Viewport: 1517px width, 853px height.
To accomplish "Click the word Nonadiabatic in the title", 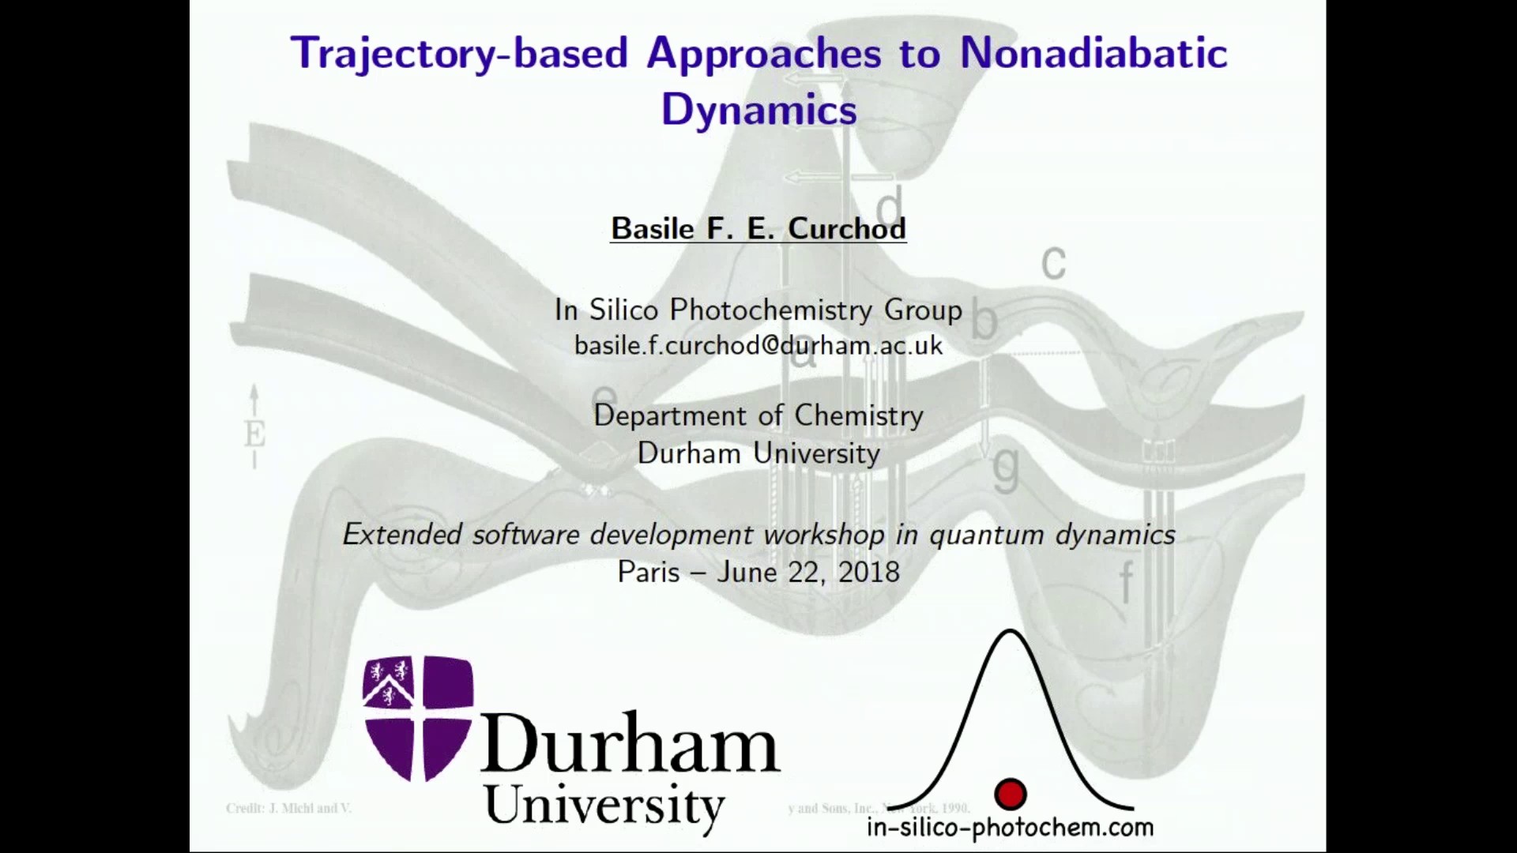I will point(1094,54).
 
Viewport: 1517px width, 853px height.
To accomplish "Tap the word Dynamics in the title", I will point(758,109).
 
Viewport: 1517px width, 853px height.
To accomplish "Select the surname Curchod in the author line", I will point(846,228).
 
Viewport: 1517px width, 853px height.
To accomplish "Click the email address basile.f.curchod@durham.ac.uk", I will point(758,345).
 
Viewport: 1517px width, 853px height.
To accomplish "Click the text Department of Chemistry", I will point(758,415).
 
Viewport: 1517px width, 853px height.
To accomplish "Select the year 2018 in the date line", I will point(868,572).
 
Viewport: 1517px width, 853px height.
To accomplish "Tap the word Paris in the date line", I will point(648,572).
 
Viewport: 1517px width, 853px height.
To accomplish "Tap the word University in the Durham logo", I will point(604,806).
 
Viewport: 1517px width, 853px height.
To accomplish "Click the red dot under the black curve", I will point(1010,794).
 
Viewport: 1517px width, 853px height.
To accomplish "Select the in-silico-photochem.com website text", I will point(1010,828).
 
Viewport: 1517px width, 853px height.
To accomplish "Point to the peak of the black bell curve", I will point(1010,632).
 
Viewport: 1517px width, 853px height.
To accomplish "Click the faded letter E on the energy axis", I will point(254,434).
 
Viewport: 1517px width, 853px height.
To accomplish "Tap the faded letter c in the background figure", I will point(1053,262).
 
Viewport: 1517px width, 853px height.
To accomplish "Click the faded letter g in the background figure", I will point(1005,468).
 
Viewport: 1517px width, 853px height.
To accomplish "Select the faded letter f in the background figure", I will point(1126,583).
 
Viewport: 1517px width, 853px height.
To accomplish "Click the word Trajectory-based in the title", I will point(459,54).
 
